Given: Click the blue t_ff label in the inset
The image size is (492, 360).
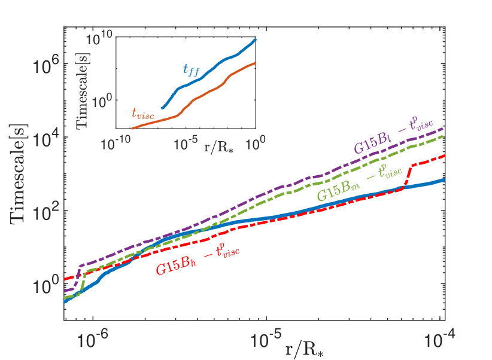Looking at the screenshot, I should [x=192, y=70].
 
